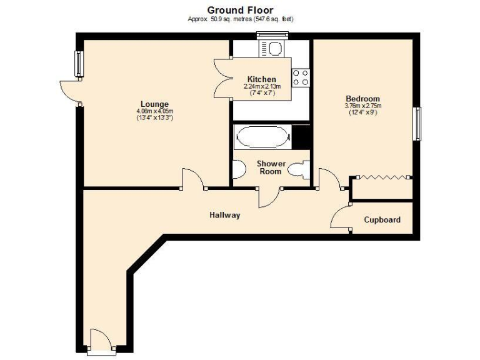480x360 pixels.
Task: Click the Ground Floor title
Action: tap(240, 9)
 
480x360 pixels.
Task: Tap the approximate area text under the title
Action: tap(241, 19)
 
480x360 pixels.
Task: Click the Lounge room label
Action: tap(154, 104)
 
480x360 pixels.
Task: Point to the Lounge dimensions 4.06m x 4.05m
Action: tap(154, 111)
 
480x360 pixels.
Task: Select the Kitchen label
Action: tap(262, 79)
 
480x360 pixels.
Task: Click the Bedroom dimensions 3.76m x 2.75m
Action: tap(362, 106)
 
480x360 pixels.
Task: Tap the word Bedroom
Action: tap(362, 99)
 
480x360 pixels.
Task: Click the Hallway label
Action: tap(224, 215)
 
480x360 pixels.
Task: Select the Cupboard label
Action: tap(382, 220)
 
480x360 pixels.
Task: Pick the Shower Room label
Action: tap(272, 167)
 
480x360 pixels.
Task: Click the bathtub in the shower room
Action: tap(262, 136)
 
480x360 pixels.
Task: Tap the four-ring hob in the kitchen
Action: tap(301, 77)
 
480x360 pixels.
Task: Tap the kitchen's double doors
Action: tap(222, 79)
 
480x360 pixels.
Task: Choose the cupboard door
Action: tap(340, 218)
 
